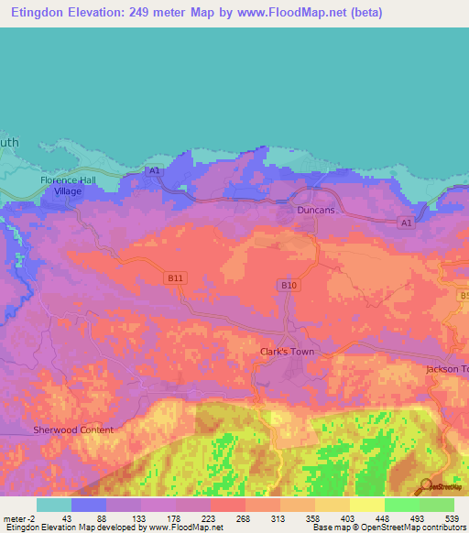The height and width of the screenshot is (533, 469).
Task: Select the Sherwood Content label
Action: [73, 430]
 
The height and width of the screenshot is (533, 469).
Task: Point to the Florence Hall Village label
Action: [68, 186]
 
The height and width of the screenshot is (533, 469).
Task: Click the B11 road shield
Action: [176, 276]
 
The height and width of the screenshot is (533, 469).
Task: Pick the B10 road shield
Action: [289, 286]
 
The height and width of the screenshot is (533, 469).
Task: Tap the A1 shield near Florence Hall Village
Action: [154, 170]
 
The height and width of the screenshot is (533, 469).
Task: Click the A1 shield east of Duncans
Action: [406, 223]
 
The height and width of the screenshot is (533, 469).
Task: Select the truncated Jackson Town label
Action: [447, 369]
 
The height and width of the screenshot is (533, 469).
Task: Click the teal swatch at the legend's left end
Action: [54, 505]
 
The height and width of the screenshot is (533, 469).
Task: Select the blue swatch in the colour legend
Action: [89, 505]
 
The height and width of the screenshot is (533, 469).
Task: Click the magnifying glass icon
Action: [424, 486]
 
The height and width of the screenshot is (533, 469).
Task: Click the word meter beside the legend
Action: [16, 519]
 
